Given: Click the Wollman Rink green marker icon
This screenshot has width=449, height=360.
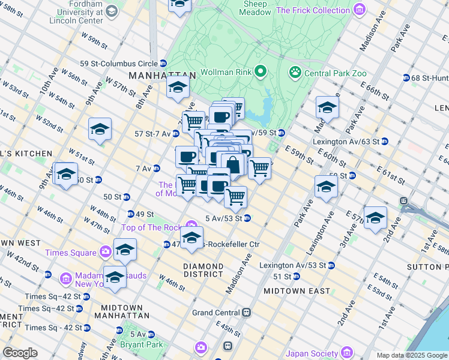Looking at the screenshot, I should [260, 73].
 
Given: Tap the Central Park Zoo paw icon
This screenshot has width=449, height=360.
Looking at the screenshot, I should [295, 73].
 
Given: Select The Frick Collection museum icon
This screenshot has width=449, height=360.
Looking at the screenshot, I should [359, 10].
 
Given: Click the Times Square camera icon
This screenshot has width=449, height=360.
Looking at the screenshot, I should [106, 252].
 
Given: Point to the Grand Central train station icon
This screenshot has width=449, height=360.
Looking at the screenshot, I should [246, 313].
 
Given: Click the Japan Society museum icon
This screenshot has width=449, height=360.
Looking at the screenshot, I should [346, 353].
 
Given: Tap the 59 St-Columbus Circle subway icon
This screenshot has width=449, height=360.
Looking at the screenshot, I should [163, 63].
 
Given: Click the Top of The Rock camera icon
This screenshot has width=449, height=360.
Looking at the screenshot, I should [190, 227].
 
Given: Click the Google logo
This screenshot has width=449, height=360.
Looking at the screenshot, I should [20, 352].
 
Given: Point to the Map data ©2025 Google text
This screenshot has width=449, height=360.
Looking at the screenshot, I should [411, 355].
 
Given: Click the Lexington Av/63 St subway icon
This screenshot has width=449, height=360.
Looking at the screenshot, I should [385, 142].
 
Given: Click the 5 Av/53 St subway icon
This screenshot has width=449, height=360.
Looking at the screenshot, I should [247, 218].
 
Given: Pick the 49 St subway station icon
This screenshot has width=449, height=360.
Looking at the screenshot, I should [131, 214].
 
